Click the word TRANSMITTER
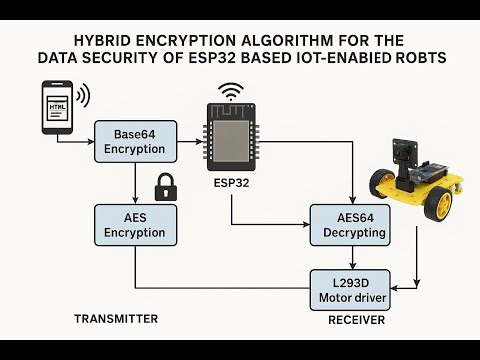[116, 319]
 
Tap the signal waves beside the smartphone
[84, 96]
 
